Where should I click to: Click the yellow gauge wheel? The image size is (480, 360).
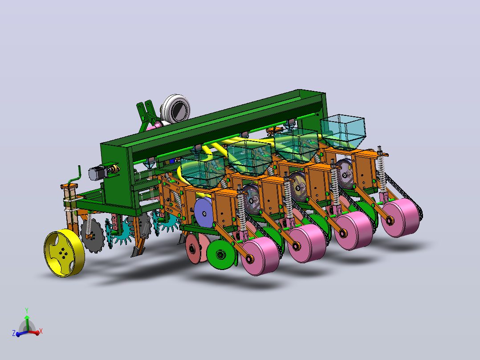(x=64, y=253)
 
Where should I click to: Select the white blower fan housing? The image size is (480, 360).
(x=175, y=109)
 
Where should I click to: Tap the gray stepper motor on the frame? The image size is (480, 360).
(x=98, y=173)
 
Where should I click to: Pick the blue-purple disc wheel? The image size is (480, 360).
(x=203, y=213)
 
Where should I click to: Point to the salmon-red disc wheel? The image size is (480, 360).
(x=196, y=249)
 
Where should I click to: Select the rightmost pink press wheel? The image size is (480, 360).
(x=401, y=217)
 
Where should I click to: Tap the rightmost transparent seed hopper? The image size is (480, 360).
(x=343, y=132)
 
